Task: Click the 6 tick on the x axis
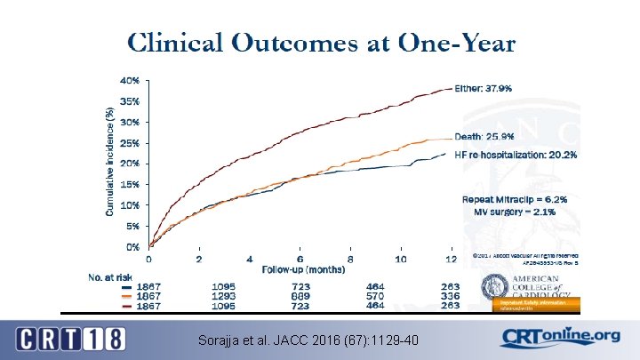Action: point(300,259)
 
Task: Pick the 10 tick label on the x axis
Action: point(401,259)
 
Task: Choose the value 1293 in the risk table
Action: point(225,297)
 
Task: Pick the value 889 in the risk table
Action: point(300,297)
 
